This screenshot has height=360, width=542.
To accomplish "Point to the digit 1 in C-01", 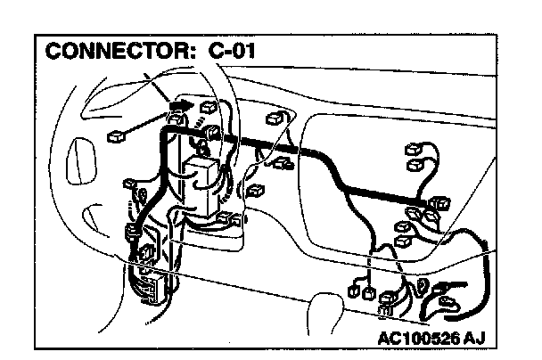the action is [x=259, y=52].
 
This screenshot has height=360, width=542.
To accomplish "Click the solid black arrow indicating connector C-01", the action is [x=178, y=105].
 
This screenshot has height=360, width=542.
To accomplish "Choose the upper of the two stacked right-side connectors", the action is [x=414, y=150].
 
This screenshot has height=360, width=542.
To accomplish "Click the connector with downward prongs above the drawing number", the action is [x=389, y=304].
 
